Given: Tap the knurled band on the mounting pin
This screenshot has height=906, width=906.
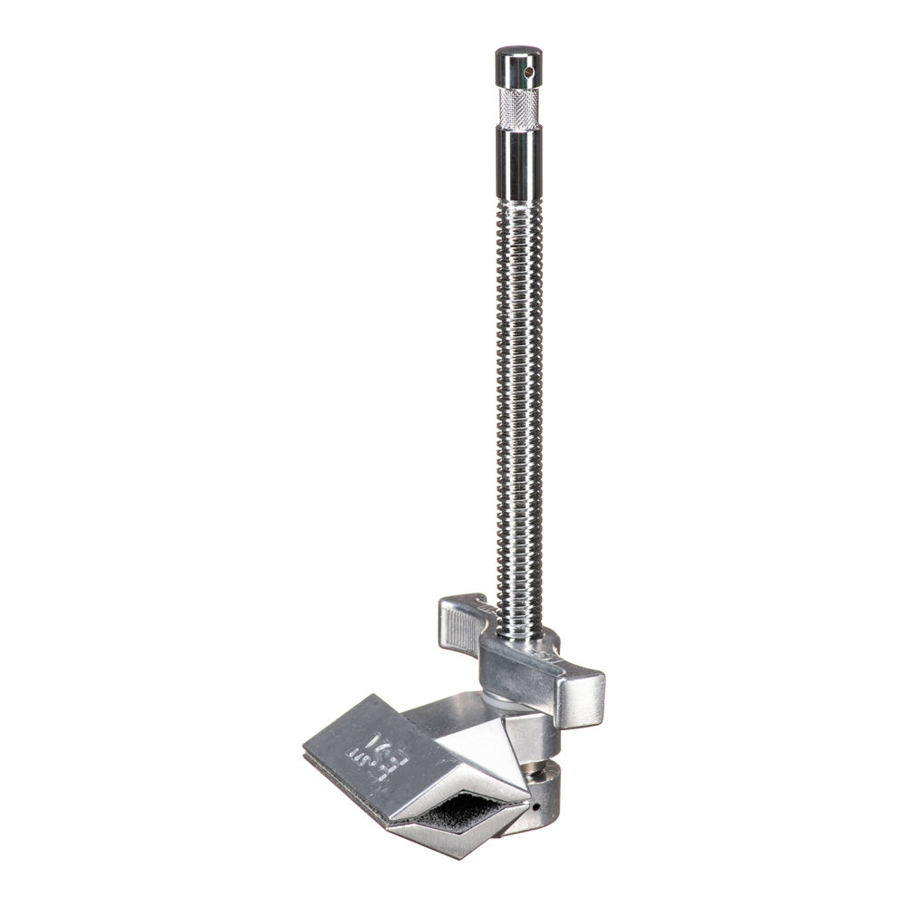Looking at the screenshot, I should pos(519,108).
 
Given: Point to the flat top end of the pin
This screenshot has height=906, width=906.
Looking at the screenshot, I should pos(518,50).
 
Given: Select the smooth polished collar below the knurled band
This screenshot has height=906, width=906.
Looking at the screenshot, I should pos(519,163).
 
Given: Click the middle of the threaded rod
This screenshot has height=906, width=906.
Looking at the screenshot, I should pos(520,408).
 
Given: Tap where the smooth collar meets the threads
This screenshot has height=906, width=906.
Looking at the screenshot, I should pos(519,203).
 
